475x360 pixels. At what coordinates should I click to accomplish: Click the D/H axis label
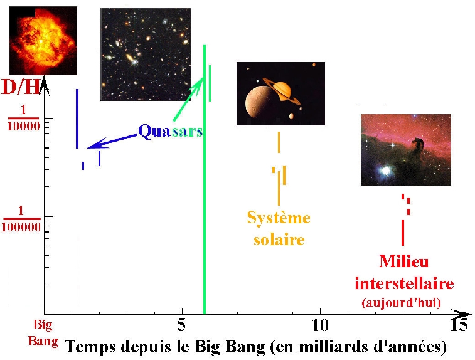[x=21, y=87]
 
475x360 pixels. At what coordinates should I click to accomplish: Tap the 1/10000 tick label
[x=23, y=118]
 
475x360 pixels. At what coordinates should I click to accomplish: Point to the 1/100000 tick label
[x=21, y=219]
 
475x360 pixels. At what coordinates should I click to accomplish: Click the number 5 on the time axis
[x=181, y=325]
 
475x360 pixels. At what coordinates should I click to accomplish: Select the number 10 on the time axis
[x=320, y=325]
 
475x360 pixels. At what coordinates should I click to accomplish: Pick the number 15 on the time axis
[x=459, y=324]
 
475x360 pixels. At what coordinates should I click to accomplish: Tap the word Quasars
[x=171, y=132]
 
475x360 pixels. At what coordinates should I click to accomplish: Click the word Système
[x=279, y=218]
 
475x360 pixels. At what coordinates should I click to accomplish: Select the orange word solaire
[x=279, y=239]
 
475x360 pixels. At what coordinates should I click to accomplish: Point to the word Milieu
[x=404, y=261]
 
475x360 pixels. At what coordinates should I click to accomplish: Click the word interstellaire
[x=404, y=283]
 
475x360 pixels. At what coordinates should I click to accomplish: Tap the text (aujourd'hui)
[x=401, y=302]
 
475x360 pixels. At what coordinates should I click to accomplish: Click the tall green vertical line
[x=205, y=179]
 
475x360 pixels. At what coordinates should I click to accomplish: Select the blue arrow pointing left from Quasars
[x=112, y=142]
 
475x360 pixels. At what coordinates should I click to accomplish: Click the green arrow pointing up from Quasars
[x=188, y=98]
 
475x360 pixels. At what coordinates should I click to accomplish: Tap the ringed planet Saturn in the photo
[x=282, y=89]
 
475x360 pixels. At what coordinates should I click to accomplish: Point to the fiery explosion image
[x=43, y=41]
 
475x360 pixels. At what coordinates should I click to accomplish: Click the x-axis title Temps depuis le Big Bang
[x=256, y=346]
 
